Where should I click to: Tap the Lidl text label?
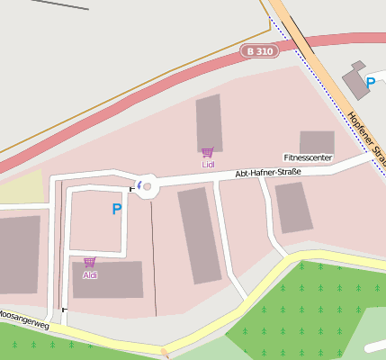coord(208,165)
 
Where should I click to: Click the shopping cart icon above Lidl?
coord(208,153)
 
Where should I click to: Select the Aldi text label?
coord(90,274)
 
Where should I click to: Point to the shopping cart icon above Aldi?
coord(90,263)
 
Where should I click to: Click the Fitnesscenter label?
coord(308,157)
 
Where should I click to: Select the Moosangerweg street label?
coord(22,319)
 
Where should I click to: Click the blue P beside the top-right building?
coord(370,83)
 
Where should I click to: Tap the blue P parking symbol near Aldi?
coord(116,209)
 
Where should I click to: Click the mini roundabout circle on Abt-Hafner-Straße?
coord(148,187)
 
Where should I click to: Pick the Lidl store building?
coord(209,121)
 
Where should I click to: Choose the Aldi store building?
coord(108,280)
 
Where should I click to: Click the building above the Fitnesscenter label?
coord(317,141)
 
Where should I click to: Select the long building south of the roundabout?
coord(199,236)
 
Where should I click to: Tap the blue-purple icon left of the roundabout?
coord(139,185)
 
